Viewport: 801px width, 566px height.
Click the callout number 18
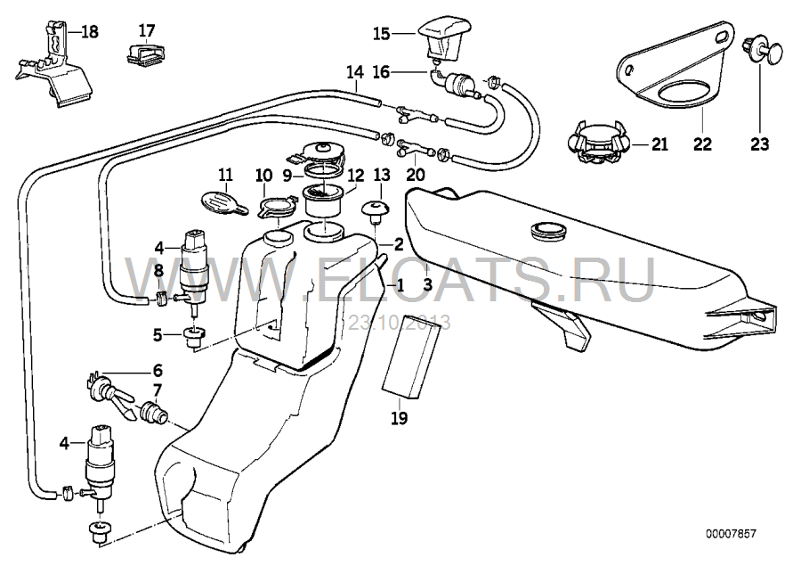click(x=89, y=32)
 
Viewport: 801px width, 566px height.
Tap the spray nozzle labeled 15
click(x=445, y=37)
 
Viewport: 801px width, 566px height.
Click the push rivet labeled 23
click(x=762, y=50)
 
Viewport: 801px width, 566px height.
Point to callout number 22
click(x=702, y=144)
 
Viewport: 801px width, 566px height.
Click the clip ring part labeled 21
click(x=596, y=143)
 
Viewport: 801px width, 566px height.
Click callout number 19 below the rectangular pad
click(x=400, y=418)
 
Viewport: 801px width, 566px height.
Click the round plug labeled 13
click(x=375, y=211)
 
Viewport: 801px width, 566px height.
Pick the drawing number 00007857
click(x=731, y=534)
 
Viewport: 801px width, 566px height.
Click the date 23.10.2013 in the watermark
click(x=400, y=323)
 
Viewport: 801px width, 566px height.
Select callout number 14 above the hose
click(x=354, y=72)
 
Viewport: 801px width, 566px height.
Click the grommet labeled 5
click(x=194, y=337)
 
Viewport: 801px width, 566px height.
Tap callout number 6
click(x=158, y=370)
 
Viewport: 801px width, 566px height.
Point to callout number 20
click(x=416, y=175)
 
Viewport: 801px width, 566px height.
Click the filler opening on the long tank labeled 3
click(x=549, y=230)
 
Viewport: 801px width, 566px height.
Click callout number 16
click(x=381, y=72)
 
